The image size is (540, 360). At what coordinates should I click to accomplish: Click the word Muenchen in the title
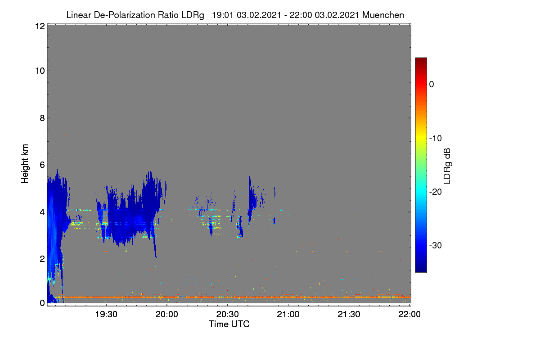[x=383, y=15]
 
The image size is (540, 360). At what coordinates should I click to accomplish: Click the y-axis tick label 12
[x=40, y=26]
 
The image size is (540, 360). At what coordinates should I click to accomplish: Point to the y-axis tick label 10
[x=40, y=71]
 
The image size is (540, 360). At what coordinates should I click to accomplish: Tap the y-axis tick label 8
[x=42, y=118]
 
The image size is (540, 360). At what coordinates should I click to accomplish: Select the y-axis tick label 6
[x=42, y=165]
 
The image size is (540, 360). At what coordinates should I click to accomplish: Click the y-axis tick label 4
[x=42, y=212]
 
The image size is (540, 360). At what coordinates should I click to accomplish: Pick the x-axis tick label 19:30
[x=106, y=314]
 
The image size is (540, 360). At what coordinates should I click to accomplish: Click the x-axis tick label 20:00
[x=167, y=314]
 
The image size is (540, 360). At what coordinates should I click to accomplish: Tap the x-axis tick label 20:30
[x=227, y=314]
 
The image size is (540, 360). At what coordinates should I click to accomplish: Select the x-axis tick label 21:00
[x=288, y=314]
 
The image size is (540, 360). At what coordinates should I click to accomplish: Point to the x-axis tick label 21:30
[x=349, y=314]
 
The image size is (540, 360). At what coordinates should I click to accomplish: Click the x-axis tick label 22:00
[x=409, y=314]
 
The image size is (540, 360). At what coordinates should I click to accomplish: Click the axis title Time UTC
[x=229, y=324]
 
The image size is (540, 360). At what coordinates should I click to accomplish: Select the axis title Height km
[x=25, y=164]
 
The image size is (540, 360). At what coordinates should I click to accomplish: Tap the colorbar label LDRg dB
[x=447, y=166]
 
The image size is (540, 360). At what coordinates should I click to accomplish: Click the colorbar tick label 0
[x=432, y=85]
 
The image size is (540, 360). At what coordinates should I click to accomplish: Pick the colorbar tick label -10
[x=436, y=139]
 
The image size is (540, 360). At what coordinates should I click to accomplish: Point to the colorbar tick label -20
[x=436, y=192]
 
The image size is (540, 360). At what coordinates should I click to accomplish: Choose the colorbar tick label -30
[x=436, y=245]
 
